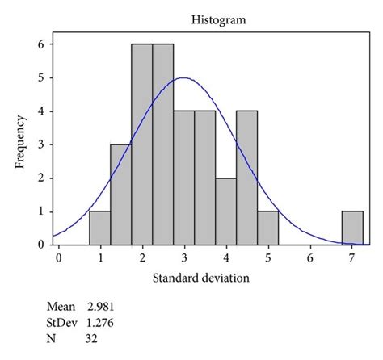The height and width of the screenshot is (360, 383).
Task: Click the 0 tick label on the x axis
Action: point(58,257)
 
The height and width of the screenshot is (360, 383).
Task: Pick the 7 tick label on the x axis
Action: point(351,257)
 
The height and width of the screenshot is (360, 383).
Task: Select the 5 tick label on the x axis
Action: point(267,257)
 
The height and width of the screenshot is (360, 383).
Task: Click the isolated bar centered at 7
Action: point(352,228)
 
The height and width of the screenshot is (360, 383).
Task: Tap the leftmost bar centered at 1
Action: point(100,228)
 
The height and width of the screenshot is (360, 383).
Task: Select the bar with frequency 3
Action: point(121,195)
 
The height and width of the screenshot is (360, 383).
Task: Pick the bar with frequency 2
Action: point(226,211)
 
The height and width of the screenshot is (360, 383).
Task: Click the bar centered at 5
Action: point(268,228)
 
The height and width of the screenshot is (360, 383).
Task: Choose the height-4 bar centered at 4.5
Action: point(247,178)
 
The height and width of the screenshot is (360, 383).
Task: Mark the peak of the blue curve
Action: point(183,78)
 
